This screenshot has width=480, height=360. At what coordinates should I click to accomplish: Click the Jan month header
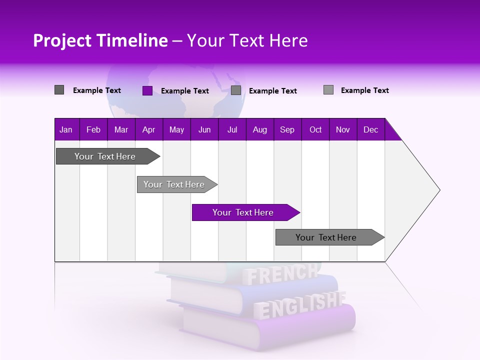(66, 130)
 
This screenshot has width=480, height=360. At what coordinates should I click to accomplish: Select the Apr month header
(148, 130)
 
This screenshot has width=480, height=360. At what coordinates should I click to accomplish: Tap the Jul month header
(232, 130)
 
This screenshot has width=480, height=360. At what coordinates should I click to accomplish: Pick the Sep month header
(287, 130)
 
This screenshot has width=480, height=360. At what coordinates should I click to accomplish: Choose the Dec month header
(370, 130)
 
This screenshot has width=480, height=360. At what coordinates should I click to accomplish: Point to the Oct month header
(315, 130)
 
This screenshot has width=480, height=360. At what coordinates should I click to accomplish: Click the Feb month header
(93, 130)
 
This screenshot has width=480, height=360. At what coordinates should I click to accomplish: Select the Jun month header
(204, 130)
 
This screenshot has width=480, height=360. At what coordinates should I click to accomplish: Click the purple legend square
(147, 90)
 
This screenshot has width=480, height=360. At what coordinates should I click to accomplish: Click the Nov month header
(342, 130)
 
